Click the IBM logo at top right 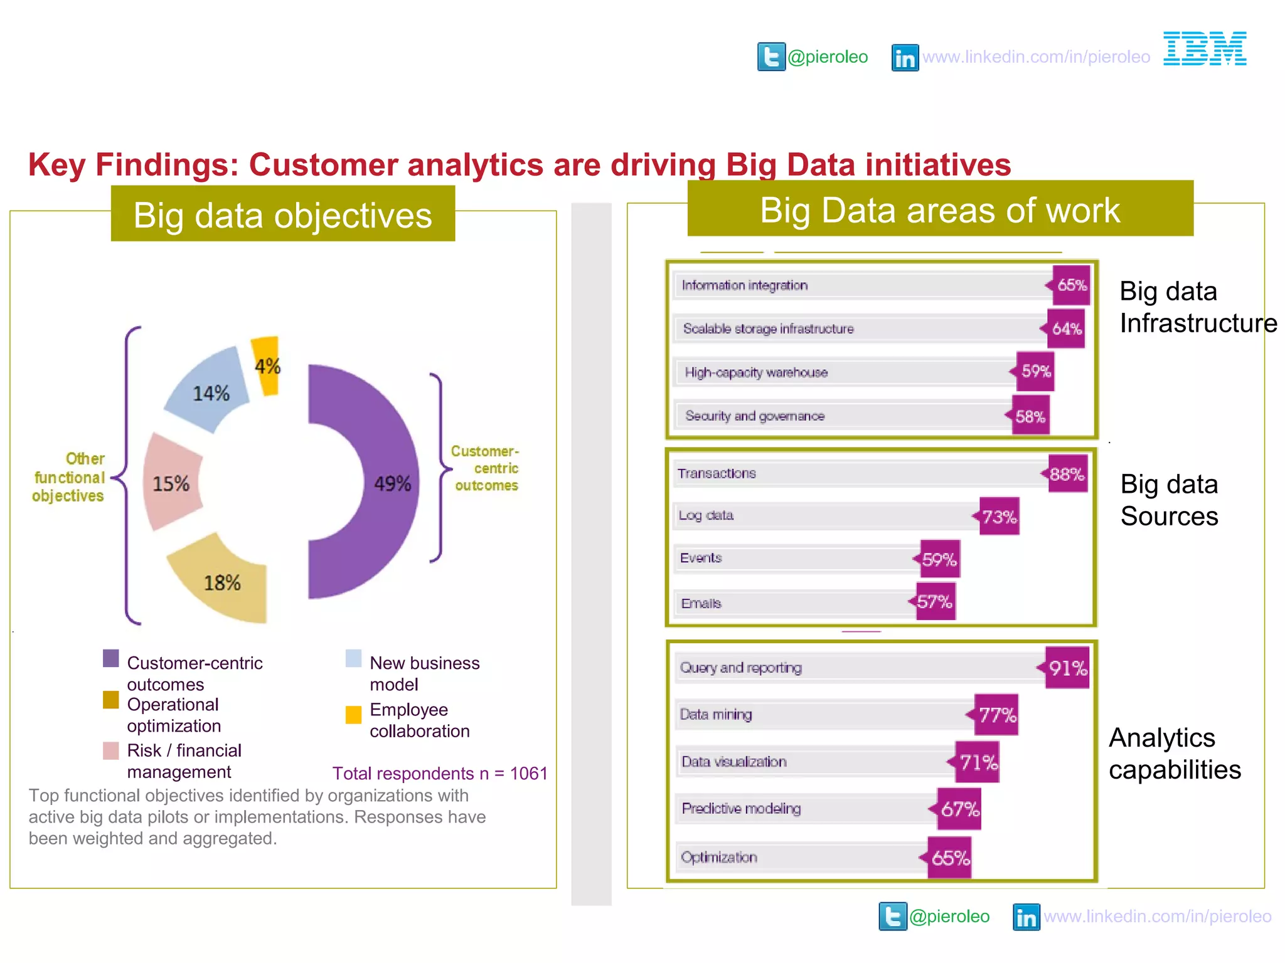click(x=1204, y=49)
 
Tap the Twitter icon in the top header click(x=771, y=57)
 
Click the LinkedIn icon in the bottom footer click(x=1026, y=917)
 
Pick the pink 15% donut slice click(x=171, y=483)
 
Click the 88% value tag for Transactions click(x=1067, y=474)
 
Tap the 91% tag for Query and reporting click(x=1067, y=668)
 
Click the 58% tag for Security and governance click(x=1030, y=416)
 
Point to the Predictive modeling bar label click(x=741, y=809)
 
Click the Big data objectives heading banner click(x=283, y=214)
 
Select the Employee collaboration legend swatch click(x=353, y=715)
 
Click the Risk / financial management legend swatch click(x=111, y=750)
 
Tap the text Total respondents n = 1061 click(x=440, y=773)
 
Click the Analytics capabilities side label click(x=1174, y=754)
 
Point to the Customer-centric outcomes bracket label click(x=485, y=468)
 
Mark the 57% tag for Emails click(x=934, y=602)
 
